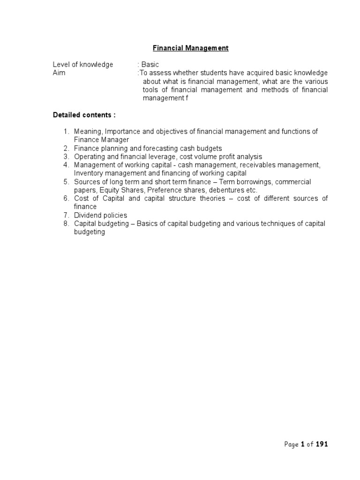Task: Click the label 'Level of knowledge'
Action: coord(82,65)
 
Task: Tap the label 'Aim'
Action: coord(59,73)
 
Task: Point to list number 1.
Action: coord(66,132)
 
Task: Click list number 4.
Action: coord(66,165)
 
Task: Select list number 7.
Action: coord(66,215)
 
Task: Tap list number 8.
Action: coord(66,224)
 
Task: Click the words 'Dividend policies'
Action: coord(100,215)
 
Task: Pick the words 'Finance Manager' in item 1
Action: coord(101,140)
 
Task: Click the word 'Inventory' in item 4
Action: coord(88,173)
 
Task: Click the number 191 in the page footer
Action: coord(322,445)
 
